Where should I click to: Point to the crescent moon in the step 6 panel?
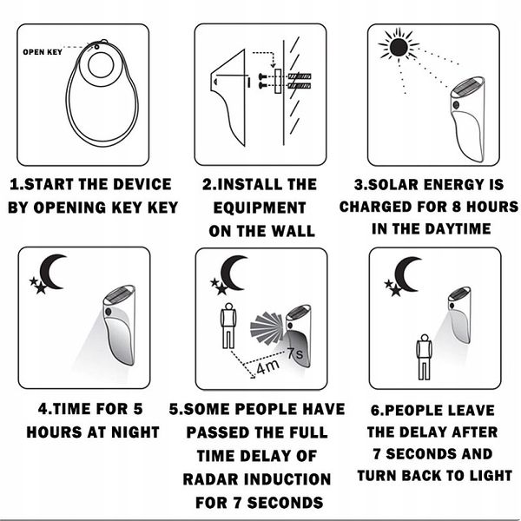pos(406,273)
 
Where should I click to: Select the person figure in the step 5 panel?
pos(228,323)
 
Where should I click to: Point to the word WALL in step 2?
pos(283,232)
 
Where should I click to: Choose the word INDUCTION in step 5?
pos(289,478)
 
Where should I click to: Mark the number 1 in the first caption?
pos(14,185)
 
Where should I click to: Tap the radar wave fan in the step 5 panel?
pos(267,327)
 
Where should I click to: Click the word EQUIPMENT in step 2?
pos(260,208)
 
